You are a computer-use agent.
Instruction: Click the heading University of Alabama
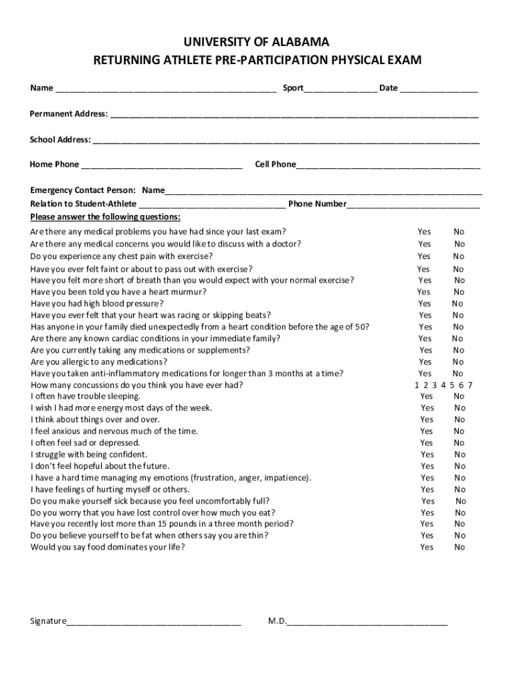[x=257, y=42]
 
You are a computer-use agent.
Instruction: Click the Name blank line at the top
[x=166, y=90]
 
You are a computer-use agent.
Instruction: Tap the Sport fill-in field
[x=340, y=90]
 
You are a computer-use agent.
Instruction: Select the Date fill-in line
[x=439, y=90]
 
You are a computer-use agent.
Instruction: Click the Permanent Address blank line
[x=294, y=115]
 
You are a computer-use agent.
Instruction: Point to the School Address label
[x=60, y=140]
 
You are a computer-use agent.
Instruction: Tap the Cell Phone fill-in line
[x=388, y=166]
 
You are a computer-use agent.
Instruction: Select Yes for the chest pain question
[x=424, y=256]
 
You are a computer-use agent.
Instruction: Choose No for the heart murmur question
[x=459, y=292]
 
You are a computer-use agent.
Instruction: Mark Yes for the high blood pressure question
[x=425, y=303]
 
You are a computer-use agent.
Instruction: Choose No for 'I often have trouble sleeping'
[x=459, y=397]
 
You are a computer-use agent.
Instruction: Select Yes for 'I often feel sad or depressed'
[x=427, y=443]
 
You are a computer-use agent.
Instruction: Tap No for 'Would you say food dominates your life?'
[x=459, y=548]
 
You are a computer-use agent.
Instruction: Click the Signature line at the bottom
[x=154, y=622]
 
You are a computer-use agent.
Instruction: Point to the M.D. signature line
[x=367, y=622]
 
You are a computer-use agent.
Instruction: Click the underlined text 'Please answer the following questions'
[x=105, y=218]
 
